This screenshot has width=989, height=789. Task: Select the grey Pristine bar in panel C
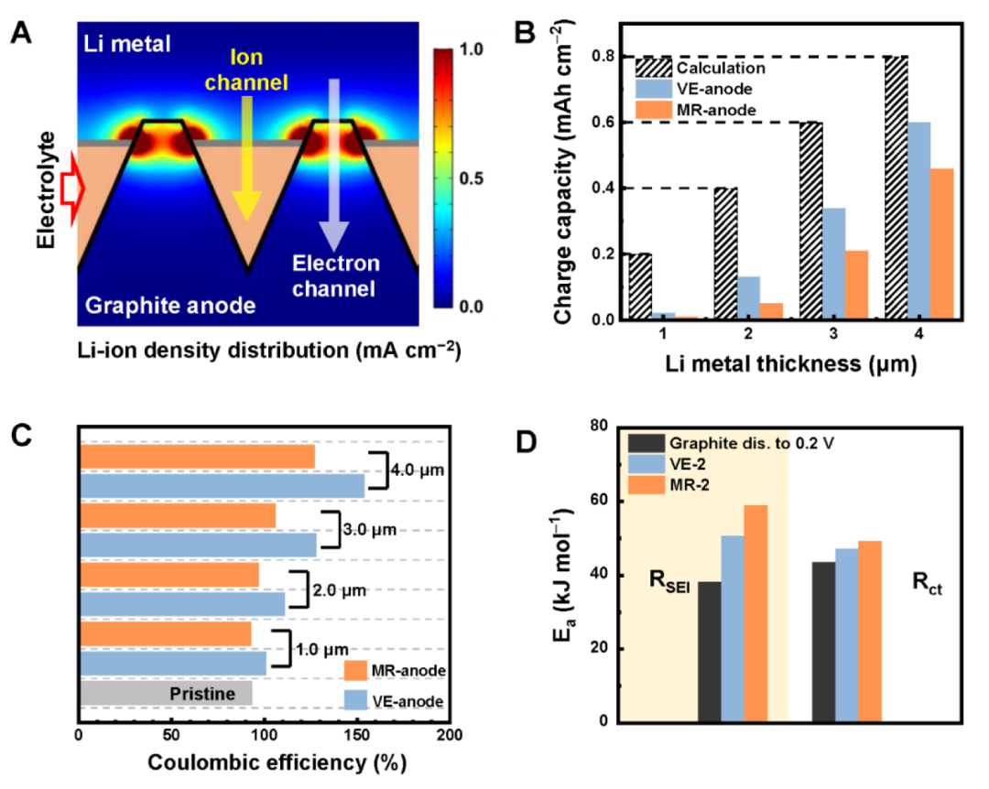pyautogui.click(x=166, y=693)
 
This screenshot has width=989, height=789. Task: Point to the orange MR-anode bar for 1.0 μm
pyautogui.click(x=166, y=633)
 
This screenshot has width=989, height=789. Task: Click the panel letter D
pyautogui.click(x=527, y=442)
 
